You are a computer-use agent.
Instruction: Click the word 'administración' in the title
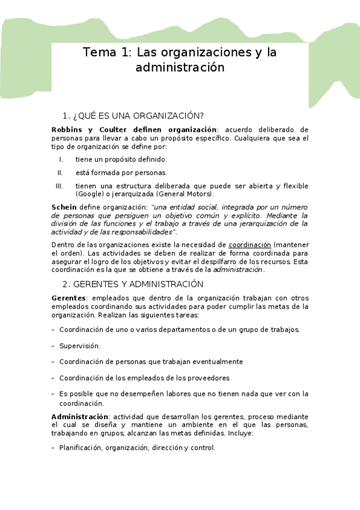pyautogui.click(x=180, y=67)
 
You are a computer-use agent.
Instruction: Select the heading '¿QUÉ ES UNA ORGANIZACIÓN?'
pyautogui.click(x=138, y=115)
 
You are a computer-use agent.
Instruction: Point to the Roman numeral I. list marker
pyautogui.click(x=61, y=159)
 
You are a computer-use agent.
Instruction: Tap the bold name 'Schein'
pyautogui.click(x=64, y=207)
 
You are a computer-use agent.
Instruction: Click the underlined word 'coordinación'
pyautogui.click(x=249, y=245)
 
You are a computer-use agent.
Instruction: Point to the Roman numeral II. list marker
pyautogui.click(x=60, y=173)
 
